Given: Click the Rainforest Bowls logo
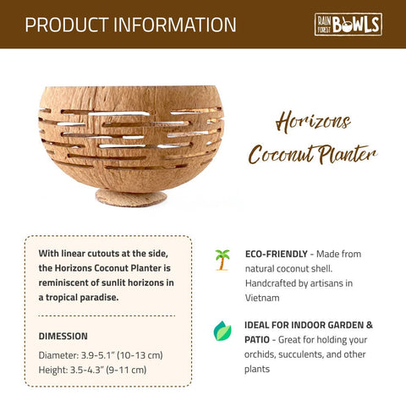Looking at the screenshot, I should (348, 24).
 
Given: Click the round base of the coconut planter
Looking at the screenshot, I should (130, 199).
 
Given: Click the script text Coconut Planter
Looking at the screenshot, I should (311, 155).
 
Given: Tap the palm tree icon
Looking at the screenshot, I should (222, 260).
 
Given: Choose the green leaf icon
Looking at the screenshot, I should (222, 331).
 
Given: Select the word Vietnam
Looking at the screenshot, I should (262, 298).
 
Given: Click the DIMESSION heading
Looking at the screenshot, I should (63, 336).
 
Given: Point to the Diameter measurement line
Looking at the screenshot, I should (101, 354).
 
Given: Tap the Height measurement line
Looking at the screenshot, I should (92, 370).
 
